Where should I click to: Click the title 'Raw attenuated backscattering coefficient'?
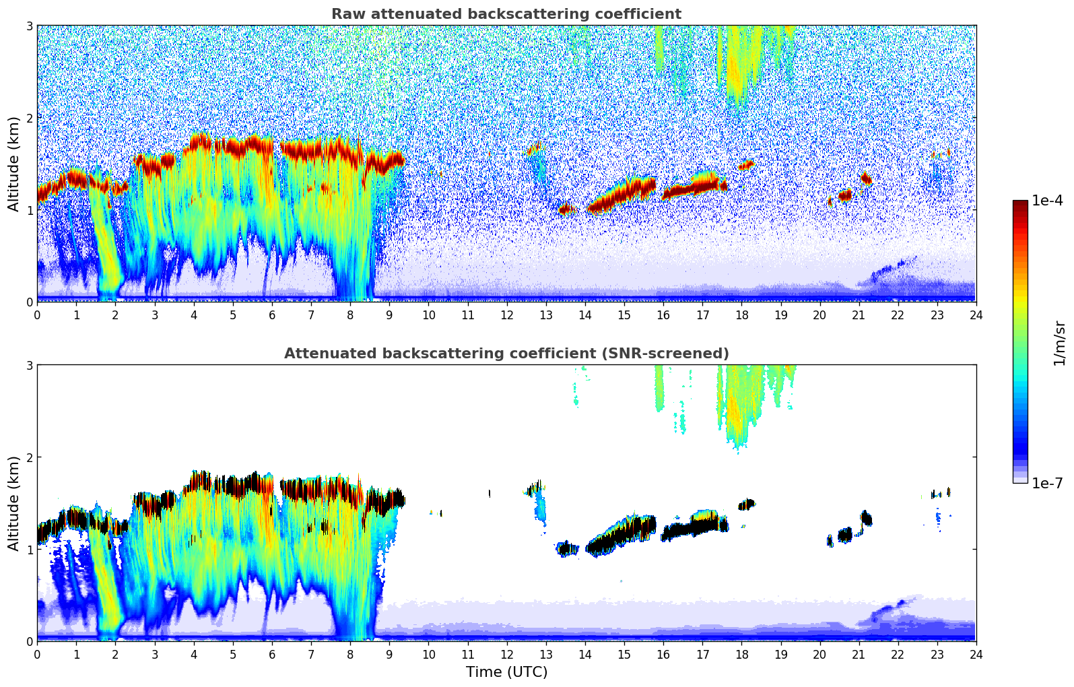[x=506, y=14]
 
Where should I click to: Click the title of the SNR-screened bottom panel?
[x=506, y=354]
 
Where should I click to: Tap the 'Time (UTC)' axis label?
[x=506, y=672]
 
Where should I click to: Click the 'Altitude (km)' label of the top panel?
[x=13, y=164]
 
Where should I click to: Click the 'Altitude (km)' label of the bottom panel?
[x=13, y=503]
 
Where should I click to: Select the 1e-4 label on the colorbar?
[x=1047, y=201]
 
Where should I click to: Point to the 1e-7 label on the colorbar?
[x=1047, y=483]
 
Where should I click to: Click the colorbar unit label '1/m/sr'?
[x=1059, y=343]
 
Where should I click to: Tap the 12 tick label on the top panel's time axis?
[x=506, y=315]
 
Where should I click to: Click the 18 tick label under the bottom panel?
[x=741, y=654]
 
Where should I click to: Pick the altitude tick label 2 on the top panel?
[x=30, y=118]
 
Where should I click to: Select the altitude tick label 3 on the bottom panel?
[x=30, y=365]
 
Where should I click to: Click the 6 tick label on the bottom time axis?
[x=272, y=654]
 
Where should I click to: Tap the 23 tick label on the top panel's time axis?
[x=937, y=315]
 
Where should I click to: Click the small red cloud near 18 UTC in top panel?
[x=746, y=164]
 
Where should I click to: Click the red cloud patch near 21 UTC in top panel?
[x=866, y=178]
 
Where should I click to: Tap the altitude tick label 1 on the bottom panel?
[x=30, y=550]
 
